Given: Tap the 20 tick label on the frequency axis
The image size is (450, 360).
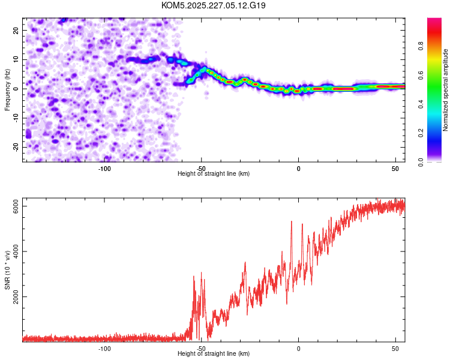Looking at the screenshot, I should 17,30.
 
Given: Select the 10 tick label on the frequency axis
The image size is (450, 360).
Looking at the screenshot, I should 17,59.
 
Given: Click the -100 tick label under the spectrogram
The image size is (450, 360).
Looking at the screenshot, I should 104,169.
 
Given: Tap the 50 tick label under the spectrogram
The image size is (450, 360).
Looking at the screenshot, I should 395,169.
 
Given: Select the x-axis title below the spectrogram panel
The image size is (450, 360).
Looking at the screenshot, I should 214,174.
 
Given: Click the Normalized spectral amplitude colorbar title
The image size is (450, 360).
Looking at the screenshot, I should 446,90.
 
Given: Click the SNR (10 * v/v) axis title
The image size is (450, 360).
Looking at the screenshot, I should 7,270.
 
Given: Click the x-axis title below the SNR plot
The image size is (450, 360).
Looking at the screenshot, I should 214,354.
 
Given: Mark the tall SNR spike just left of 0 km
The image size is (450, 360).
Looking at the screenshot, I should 292,222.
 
